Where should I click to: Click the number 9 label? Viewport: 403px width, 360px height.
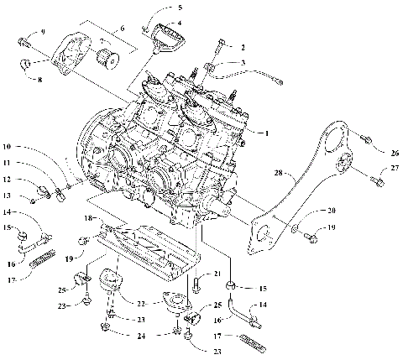tap(43, 33)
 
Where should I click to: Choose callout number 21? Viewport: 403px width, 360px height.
tap(216, 274)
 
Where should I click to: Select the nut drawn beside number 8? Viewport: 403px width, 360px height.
tap(26, 64)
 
